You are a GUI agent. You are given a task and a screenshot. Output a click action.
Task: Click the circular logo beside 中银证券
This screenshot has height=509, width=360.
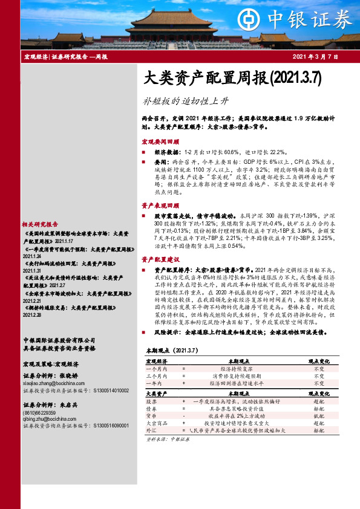(249, 17)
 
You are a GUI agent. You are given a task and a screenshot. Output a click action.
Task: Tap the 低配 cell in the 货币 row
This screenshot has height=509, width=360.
(318, 417)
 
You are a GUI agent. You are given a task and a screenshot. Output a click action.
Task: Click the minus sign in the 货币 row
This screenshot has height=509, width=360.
(183, 417)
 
